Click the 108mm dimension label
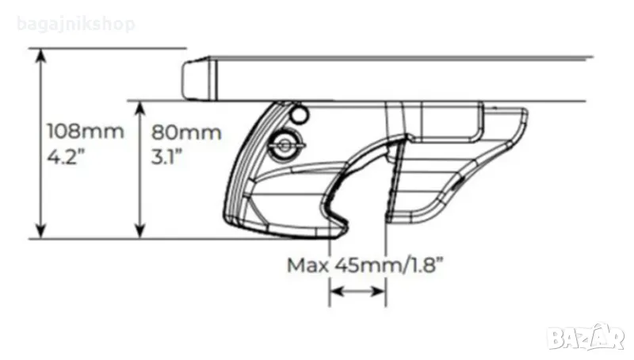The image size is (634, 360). pyautogui.click(x=86, y=132)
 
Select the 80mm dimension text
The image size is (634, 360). pyautogui.click(x=186, y=132)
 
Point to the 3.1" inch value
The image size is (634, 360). pyautogui.click(x=166, y=156)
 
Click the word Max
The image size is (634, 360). pyautogui.click(x=307, y=266)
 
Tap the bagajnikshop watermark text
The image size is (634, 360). pyautogui.click(x=76, y=25)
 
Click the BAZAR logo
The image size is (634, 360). pyautogui.click(x=586, y=336)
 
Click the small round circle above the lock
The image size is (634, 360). pyautogui.click(x=300, y=114)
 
